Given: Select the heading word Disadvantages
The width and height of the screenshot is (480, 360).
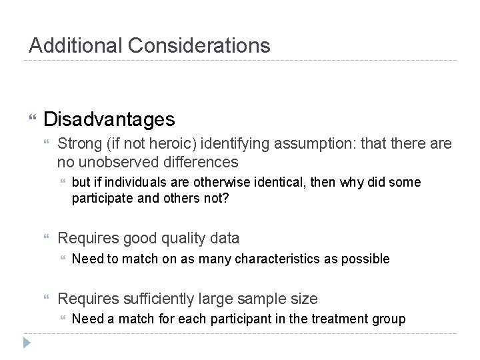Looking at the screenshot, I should (109, 119).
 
